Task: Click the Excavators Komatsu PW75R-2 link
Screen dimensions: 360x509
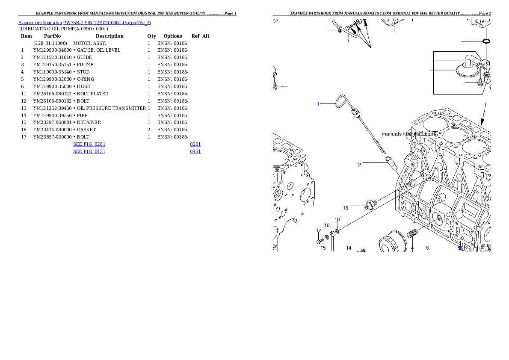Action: (84, 23)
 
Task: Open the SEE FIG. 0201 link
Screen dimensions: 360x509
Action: (89, 145)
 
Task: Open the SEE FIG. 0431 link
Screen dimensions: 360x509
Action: (89, 151)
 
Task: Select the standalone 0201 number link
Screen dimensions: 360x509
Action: (195, 145)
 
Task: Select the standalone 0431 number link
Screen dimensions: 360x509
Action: (195, 151)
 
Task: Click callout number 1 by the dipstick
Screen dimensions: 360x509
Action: (318, 104)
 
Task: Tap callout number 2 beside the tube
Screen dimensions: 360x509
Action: (360, 165)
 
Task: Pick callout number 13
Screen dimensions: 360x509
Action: (346, 208)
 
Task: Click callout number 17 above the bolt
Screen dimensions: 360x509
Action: (319, 231)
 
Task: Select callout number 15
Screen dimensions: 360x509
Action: (323, 248)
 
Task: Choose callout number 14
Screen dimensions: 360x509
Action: (349, 248)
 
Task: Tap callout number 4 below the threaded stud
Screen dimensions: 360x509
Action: (412, 248)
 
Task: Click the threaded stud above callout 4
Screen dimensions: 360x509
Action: (412, 234)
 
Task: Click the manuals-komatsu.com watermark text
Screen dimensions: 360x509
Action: (408, 134)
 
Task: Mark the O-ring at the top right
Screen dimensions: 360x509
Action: (486, 41)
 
